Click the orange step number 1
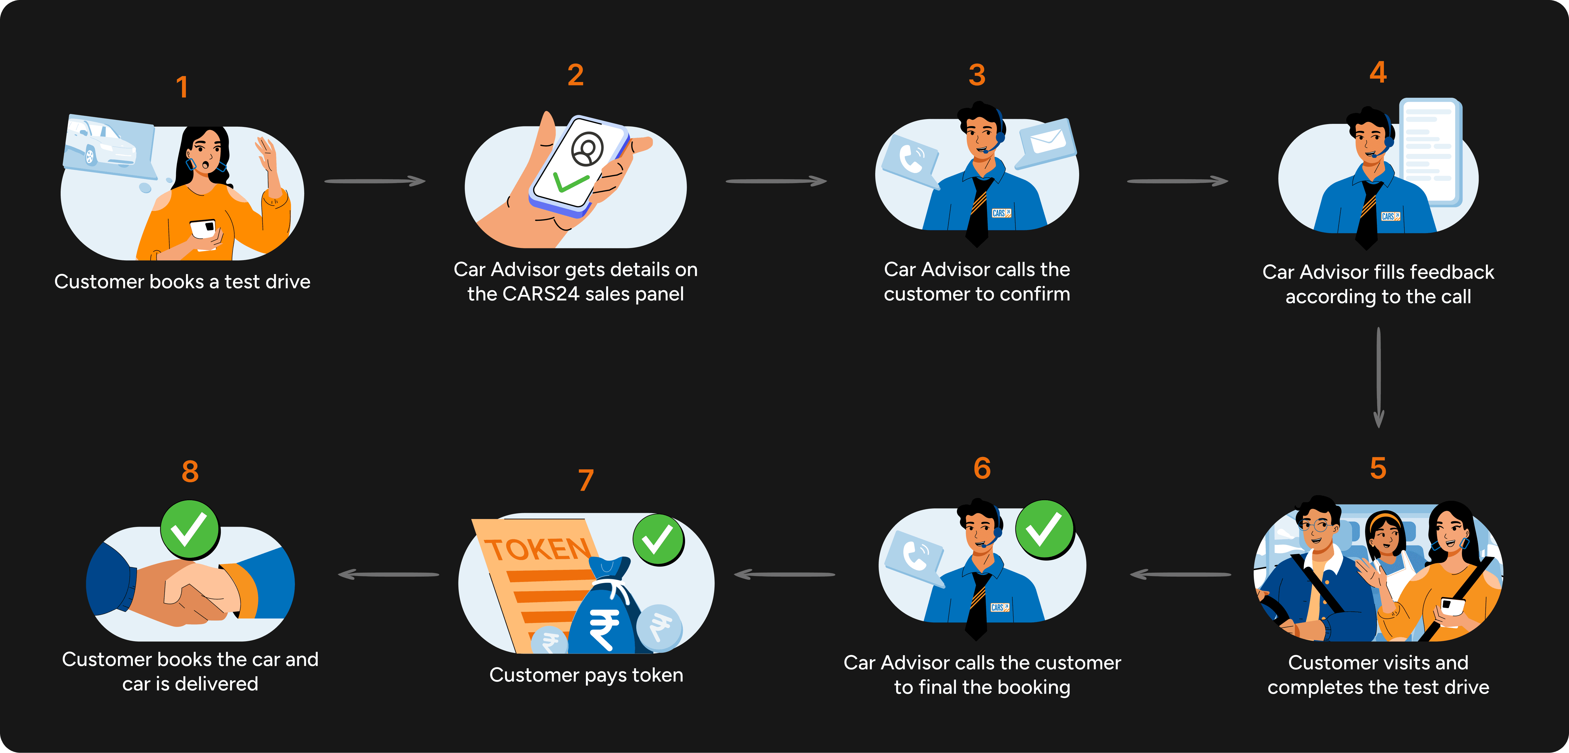pos(181,87)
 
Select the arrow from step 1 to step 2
pos(375,181)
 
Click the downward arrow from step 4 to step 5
pos(1378,378)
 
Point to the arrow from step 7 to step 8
pos(388,574)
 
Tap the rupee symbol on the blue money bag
pos(603,627)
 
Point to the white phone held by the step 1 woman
pos(203,230)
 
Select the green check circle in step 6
pos(1044,529)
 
